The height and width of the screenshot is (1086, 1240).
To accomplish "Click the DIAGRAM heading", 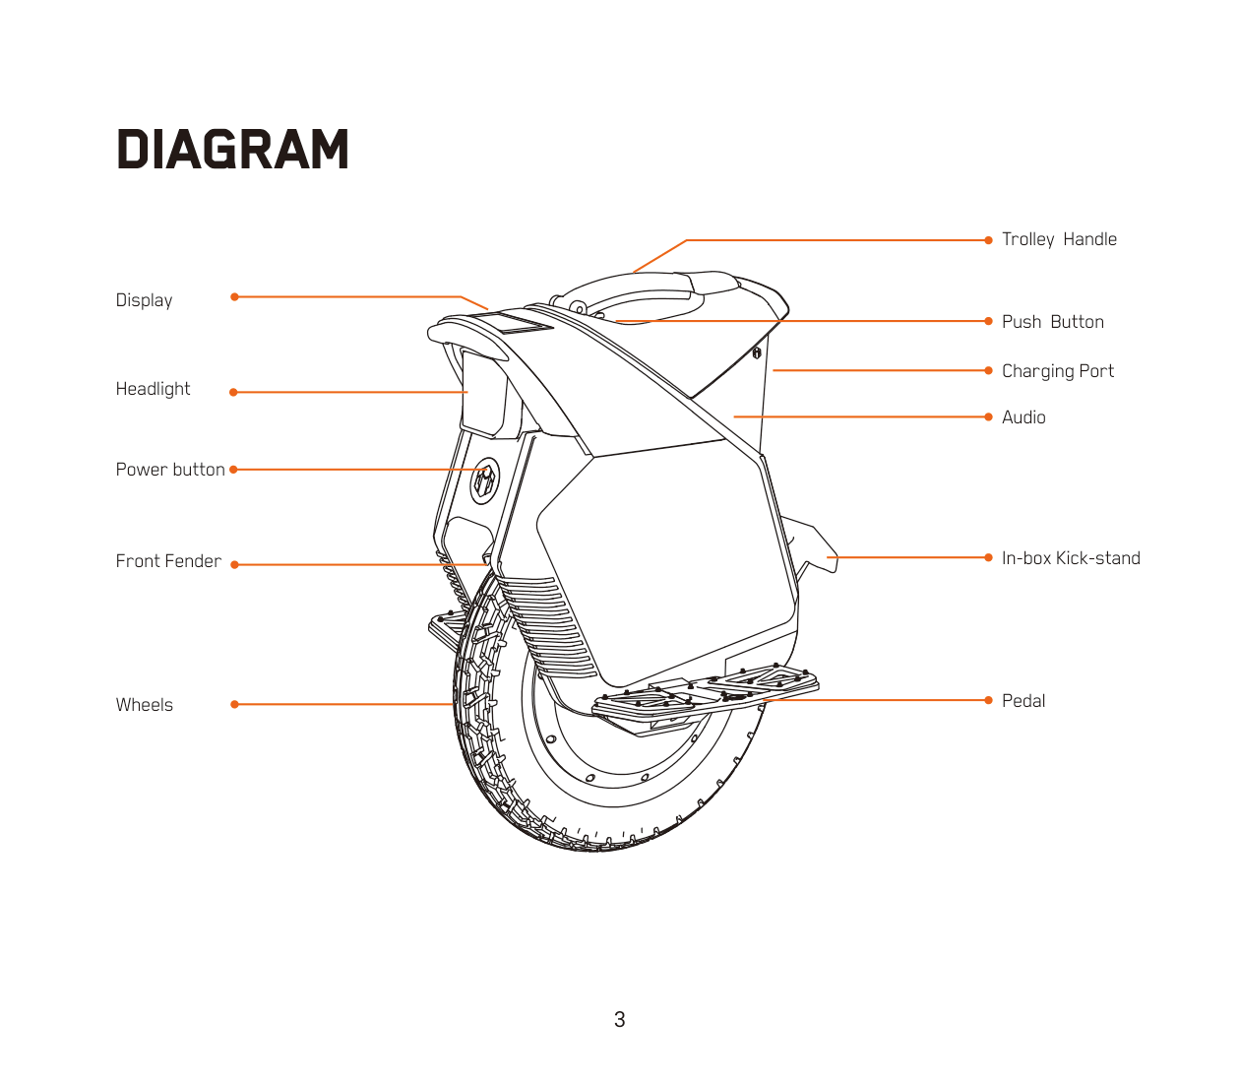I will (232, 150).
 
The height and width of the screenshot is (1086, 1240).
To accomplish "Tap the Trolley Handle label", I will (1059, 239).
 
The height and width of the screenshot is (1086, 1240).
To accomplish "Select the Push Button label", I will (1052, 322).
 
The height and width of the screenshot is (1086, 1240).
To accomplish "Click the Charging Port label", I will (1057, 371).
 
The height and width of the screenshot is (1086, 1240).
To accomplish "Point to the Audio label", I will (1023, 417).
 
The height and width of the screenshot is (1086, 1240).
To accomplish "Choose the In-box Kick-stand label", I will (1071, 558).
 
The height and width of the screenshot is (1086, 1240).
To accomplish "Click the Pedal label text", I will (1023, 701).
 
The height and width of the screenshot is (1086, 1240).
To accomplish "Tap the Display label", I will (144, 300).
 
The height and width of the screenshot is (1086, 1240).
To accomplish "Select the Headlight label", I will (153, 389).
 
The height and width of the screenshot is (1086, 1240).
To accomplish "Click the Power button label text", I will (170, 470).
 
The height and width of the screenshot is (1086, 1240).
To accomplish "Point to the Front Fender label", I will (168, 561).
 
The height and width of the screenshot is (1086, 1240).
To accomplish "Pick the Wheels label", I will (144, 705).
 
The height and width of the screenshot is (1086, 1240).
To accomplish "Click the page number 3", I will (619, 1020).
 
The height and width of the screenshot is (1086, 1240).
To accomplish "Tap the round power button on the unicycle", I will (484, 480).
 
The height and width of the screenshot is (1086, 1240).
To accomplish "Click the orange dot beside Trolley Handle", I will (988, 240).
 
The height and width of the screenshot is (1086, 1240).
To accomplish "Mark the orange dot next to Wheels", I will (234, 704).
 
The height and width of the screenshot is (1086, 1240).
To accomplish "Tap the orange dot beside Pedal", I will (988, 700).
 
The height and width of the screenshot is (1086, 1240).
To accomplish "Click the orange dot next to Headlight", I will (233, 392).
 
